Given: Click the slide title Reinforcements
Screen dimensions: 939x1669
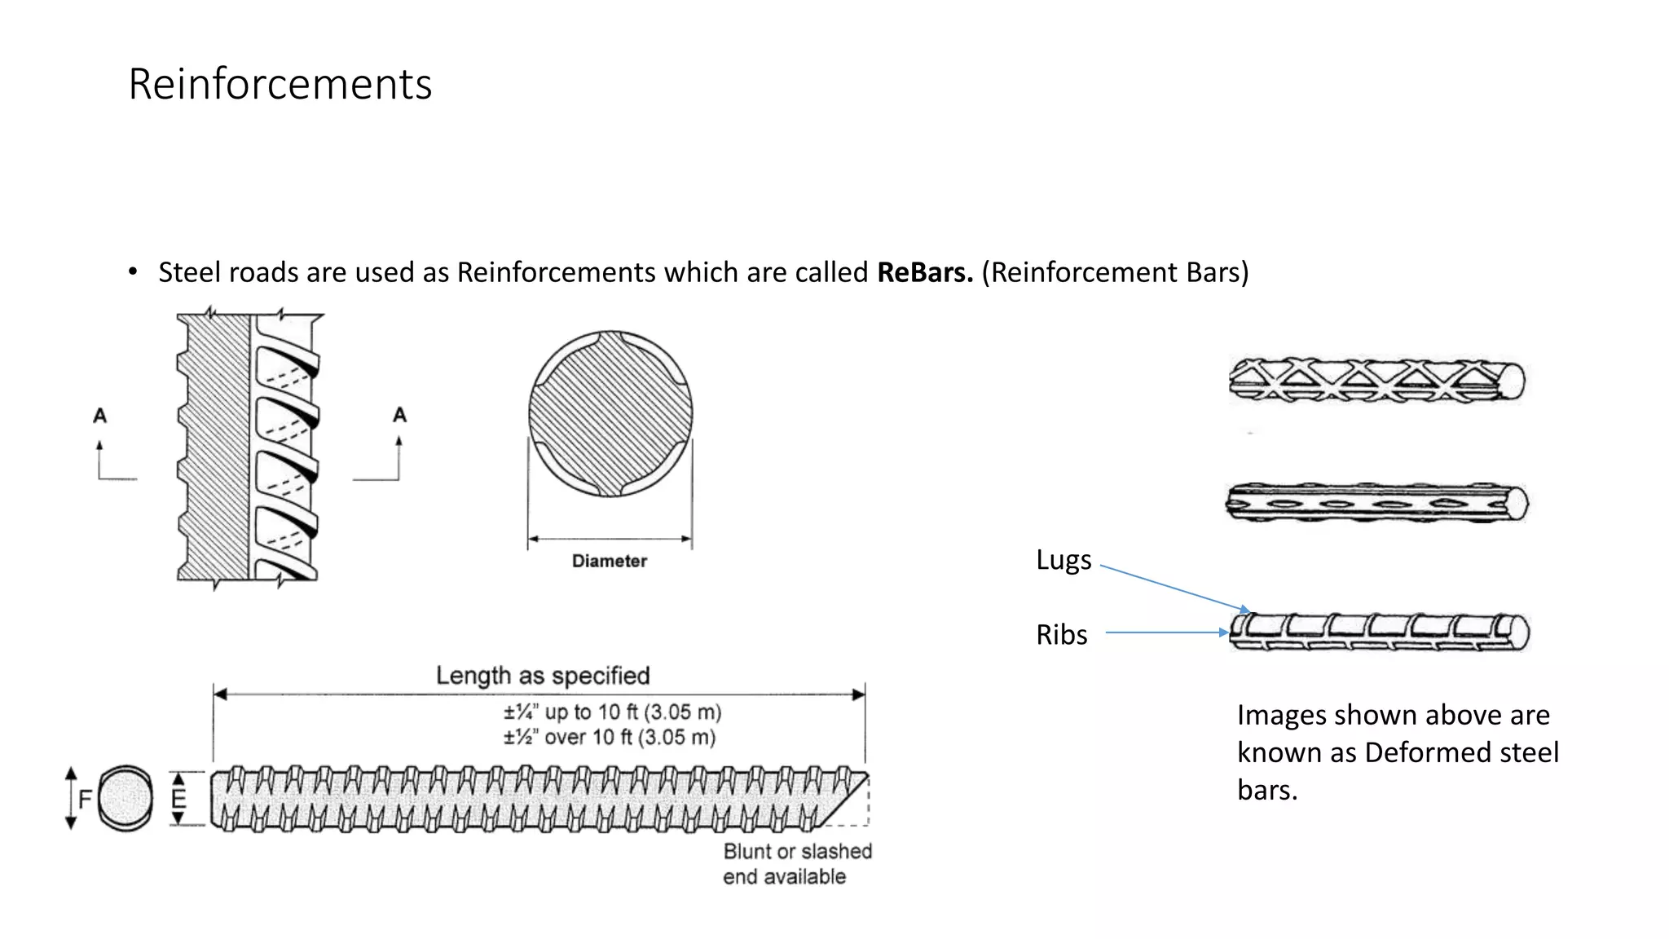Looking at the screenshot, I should point(280,84).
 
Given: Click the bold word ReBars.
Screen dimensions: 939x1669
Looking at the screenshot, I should point(924,272).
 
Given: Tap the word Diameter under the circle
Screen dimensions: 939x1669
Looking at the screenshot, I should point(609,561).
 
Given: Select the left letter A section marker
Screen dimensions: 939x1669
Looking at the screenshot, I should point(99,416).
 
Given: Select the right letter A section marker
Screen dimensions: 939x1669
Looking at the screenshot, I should point(399,415).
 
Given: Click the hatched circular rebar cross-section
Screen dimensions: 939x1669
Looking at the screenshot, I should point(610,414).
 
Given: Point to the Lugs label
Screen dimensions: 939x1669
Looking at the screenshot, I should point(1063,560).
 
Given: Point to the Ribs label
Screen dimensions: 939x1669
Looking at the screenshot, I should point(1061,635).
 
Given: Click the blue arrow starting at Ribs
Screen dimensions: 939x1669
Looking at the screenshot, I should point(1165,633).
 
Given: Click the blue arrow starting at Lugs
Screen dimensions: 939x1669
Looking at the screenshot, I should point(1174,588).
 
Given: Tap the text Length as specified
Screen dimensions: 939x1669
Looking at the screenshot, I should point(543,676).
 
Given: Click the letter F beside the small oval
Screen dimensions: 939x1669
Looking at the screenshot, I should point(85,799).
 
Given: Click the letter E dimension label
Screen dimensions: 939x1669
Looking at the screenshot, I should point(178,799).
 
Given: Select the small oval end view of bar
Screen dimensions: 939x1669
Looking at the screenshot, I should point(126,798).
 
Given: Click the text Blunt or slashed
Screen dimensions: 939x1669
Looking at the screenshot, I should point(797,852).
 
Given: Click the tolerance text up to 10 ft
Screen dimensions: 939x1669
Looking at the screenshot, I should point(612,712).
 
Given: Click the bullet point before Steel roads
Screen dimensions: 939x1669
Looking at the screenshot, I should point(133,272).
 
